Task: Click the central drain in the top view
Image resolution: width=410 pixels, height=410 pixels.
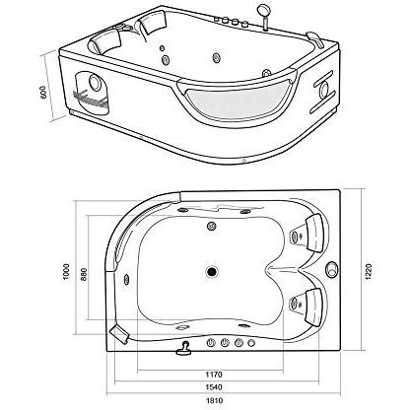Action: [211, 269]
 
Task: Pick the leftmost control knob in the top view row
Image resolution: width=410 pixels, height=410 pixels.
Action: [209, 343]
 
